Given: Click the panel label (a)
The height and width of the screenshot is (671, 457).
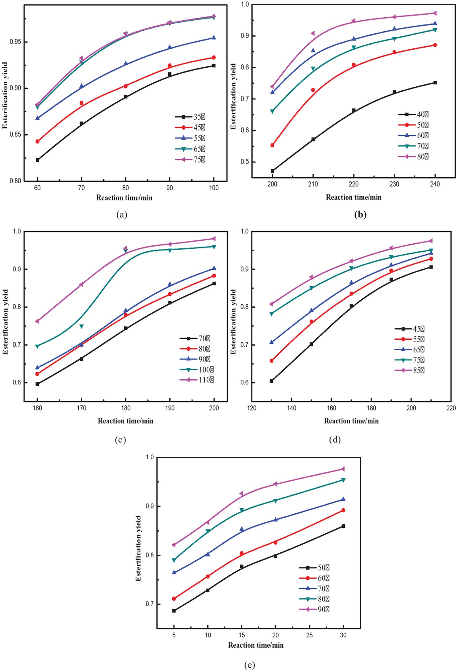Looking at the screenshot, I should [x=122, y=215].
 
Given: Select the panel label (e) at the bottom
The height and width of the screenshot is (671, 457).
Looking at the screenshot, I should [x=249, y=665].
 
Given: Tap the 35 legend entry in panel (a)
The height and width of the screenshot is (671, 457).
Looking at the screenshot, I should [x=191, y=117].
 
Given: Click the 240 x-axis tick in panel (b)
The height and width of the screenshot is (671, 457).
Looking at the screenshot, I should [x=435, y=184].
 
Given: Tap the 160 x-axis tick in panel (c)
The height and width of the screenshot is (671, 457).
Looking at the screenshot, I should [x=37, y=408].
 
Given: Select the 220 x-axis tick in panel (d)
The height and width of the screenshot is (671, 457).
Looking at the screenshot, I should [x=451, y=408].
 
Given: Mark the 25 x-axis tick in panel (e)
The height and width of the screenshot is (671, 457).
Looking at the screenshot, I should [x=310, y=635].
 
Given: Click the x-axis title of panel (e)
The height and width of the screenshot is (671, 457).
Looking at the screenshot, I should [x=256, y=645].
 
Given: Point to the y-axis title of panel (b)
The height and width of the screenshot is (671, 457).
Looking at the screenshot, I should [x=233, y=96].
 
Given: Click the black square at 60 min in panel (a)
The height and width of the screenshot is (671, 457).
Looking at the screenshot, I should [x=37, y=160].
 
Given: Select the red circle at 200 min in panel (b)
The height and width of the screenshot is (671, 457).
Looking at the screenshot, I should [x=273, y=145].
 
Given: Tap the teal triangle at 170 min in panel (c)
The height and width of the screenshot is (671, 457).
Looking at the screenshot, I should [x=81, y=326].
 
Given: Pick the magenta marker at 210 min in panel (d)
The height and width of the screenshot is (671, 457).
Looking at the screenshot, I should [x=431, y=241].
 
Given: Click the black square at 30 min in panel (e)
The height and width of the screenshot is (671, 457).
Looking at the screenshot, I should [x=343, y=526].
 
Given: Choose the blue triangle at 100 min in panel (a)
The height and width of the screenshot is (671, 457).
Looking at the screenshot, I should [x=214, y=37].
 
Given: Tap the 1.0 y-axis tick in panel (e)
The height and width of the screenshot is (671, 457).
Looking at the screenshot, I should [x=150, y=457].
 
